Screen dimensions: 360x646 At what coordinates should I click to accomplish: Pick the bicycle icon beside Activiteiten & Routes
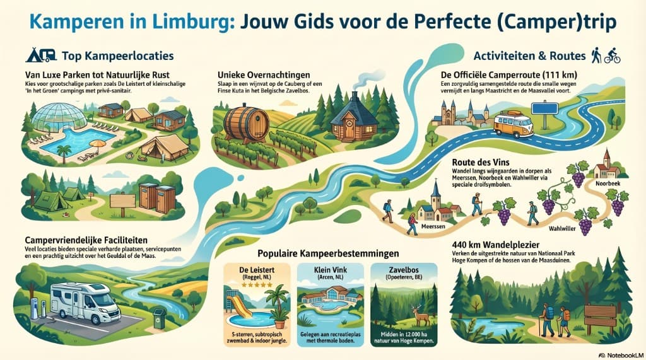(x=612, y=56)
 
